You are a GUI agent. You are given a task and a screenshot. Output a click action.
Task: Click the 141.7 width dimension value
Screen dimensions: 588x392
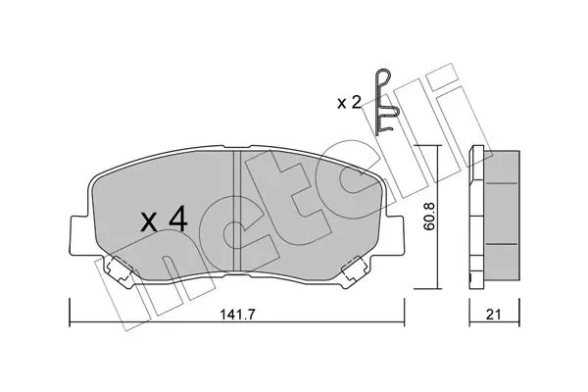[x=237, y=315]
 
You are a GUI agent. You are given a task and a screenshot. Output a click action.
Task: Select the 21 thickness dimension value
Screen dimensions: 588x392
[x=494, y=315]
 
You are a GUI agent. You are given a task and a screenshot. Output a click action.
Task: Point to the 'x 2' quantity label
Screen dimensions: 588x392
[x=349, y=102]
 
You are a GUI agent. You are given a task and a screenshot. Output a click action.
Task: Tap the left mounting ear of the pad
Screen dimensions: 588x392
[x=79, y=235]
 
